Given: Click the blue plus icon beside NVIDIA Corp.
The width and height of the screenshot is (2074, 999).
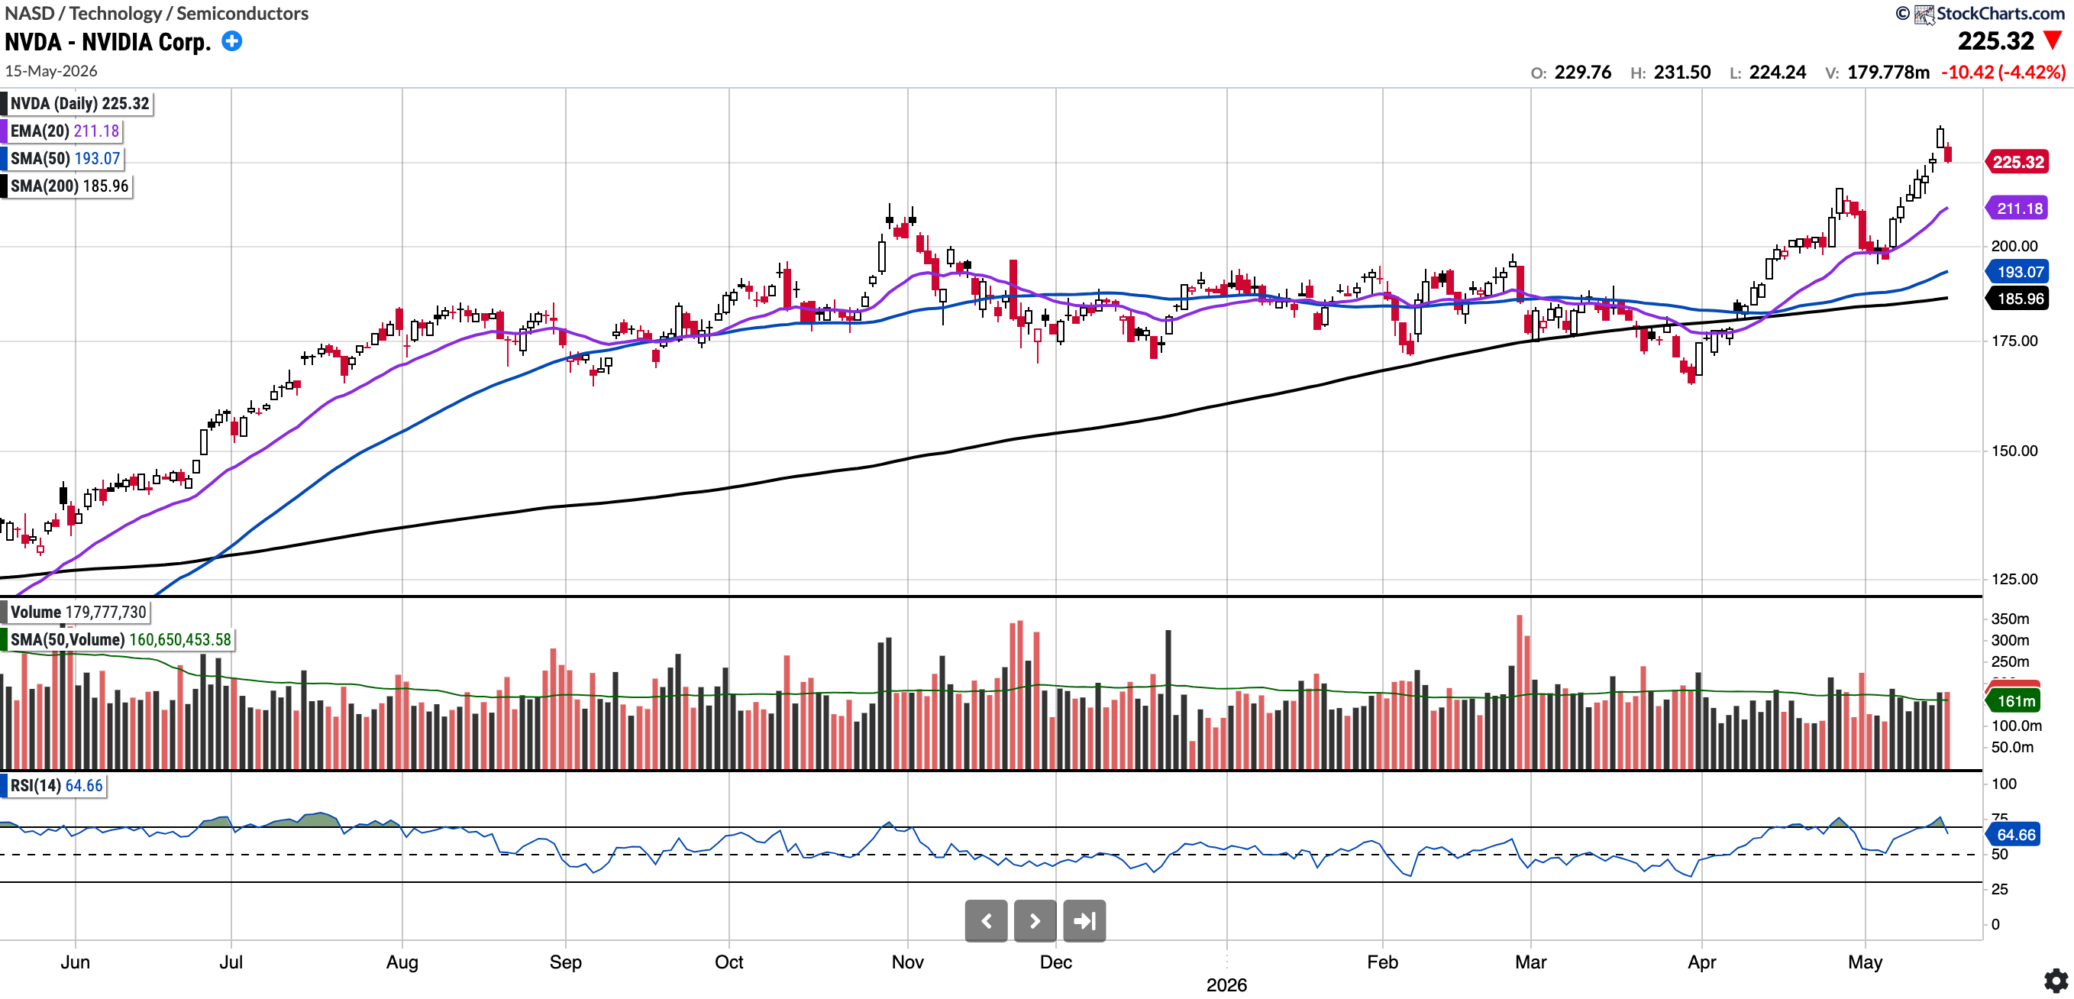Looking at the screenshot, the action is click(x=232, y=41).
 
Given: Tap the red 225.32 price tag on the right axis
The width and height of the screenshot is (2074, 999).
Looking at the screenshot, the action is click(x=2017, y=162).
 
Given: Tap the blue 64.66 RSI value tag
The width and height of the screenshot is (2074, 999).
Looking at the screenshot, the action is click(x=2014, y=835).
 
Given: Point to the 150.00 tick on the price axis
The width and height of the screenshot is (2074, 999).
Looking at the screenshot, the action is click(x=2014, y=451).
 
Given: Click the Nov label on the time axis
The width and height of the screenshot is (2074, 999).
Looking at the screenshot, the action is click(x=907, y=962).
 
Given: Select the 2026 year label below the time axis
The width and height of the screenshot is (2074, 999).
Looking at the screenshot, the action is click(x=1226, y=984).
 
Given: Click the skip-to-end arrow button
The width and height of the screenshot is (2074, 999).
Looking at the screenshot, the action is click(x=1084, y=921).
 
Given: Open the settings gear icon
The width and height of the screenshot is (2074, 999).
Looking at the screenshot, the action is click(x=2056, y=981).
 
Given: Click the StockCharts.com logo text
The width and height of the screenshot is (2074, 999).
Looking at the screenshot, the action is click(x=2000, y=13).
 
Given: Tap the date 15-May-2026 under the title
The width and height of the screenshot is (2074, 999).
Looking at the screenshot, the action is click(x=51, y=71).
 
